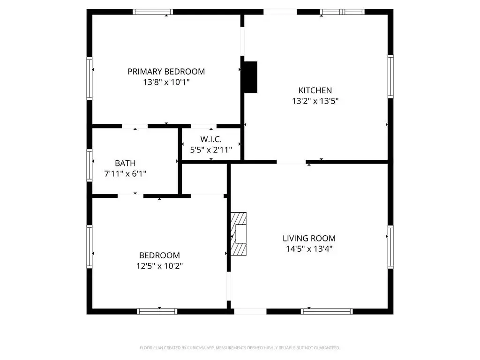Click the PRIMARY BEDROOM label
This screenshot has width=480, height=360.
[166, 72]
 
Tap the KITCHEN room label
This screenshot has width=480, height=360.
[315, 90]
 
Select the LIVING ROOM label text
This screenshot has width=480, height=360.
[309, 239]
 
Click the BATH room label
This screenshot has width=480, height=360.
[125, 163]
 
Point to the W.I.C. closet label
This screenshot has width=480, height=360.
[211, 140]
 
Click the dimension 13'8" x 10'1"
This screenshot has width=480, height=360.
[166, 82]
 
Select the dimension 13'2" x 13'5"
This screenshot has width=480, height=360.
[315, 101]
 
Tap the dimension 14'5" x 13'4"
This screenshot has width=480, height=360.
[309, 249]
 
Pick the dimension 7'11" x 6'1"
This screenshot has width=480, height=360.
[125, 174]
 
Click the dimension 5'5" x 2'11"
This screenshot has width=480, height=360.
[211, 150]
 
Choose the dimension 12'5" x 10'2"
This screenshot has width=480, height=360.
[159, 266]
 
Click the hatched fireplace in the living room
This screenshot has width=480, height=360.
[239, 234]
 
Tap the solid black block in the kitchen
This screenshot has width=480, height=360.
[250, 77]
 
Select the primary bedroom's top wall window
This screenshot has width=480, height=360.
[153, 12]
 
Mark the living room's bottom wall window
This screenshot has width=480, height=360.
[327, 311]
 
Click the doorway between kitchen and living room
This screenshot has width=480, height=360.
[291, 162]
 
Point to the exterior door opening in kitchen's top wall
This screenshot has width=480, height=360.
[280, 12]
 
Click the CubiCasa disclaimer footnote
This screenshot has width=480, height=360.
[240, 348]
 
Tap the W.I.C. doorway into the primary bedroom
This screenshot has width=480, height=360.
[203, 126]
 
